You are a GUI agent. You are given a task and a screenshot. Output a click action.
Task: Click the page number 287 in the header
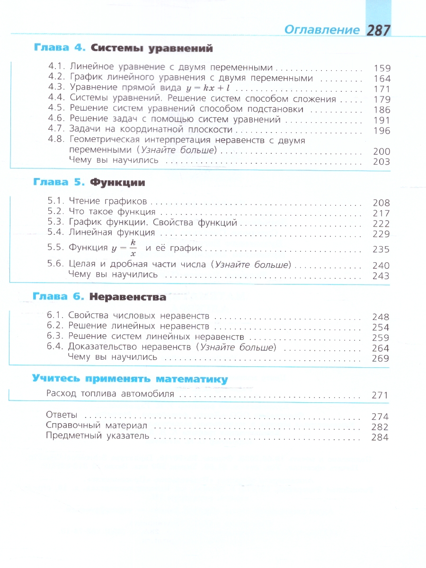(378, 30)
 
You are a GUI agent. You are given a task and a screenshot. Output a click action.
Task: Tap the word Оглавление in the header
(322, 30)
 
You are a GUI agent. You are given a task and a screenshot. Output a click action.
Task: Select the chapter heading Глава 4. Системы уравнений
(123, 48)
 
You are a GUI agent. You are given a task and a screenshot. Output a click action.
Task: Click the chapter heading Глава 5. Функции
(89, 182)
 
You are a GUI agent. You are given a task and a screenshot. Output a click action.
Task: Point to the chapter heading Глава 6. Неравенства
(99, 297)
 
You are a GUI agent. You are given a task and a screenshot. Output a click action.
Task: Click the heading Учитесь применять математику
(130, 379)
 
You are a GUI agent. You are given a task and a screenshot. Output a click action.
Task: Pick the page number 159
(382, 68)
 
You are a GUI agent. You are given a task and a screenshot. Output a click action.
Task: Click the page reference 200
(382, 151)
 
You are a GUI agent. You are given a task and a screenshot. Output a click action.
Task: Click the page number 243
(381, 276)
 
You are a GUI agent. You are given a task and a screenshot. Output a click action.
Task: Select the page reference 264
(381, 348)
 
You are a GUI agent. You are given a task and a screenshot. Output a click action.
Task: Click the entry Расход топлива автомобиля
(111, 394)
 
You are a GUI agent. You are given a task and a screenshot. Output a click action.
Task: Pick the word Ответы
(62, 416)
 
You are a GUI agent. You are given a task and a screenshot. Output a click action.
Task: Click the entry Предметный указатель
(98, 437)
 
